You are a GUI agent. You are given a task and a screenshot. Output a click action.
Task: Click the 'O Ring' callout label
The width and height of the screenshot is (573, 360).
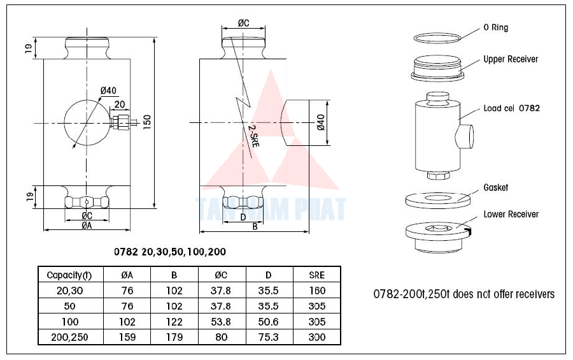[496, 28]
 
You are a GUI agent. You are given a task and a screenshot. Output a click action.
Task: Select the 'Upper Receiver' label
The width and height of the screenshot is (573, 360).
[510, 59]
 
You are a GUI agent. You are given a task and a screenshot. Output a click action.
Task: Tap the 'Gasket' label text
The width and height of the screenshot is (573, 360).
[496, 188]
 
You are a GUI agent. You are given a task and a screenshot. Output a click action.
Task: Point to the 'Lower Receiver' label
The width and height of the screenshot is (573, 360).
[511, 214]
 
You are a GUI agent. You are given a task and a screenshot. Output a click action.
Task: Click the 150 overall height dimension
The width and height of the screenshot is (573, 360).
[147, 122]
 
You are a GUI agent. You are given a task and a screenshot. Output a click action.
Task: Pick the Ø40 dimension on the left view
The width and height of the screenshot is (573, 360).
[109, 91]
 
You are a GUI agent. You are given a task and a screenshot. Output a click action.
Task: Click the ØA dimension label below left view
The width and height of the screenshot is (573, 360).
[87, 225]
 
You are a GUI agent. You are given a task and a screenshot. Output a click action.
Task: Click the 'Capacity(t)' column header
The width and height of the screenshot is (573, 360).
[69, 275]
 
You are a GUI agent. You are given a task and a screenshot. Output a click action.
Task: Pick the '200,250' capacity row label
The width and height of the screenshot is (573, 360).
[69, 337]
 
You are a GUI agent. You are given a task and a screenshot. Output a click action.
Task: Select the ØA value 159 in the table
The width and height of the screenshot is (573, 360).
[127, 337]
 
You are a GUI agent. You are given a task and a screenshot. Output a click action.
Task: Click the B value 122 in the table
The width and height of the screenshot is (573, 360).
[174, 322]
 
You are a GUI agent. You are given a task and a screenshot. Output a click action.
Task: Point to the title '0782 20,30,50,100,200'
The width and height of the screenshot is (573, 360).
[169, 252]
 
